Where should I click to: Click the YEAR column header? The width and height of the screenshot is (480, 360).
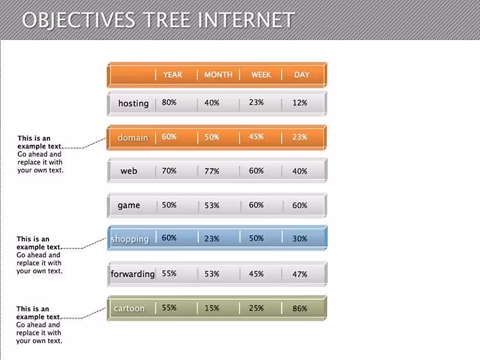pyautogui.click(x=172, y=75)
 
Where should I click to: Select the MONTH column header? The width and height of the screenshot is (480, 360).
pyautogui.click(x=219, y=75)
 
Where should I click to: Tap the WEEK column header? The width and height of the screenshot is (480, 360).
pyautogui.click(x=261, y=75)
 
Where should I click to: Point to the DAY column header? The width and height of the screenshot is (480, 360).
pyautogui.click(x=301, y=75)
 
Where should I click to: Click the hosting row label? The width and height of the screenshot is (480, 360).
pyautogui.click(x=133, y=104)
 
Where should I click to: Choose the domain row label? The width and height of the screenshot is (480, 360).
pyautogui.click(x=133, y=138)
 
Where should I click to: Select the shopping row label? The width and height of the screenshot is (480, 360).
pyautogui.click(x=130, y=239)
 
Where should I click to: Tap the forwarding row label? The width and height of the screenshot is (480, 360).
pyautogui.click(x=133, y=273)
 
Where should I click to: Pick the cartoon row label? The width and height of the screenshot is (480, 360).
pyautogui.click(x=129, y=308)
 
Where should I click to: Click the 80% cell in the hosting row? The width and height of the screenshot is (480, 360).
pyautogui.click(x=169, y=102)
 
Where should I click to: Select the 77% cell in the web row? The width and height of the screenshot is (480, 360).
pyautogui.click(x=212, y=171)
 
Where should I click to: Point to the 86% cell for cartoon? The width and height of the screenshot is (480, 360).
pyautogui.click(x=300, y=308)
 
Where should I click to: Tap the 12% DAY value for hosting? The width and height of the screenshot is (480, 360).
pyautogui.click(x=300, y=102)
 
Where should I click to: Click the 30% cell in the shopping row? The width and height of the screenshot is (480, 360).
pyautogui.click(x=300, y=239)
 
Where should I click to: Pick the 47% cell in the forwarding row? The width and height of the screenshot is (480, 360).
pyautogui.click(x=300, y=274)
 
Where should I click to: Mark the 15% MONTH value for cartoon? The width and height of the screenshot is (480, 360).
pyautogui.click(x=212, y=308)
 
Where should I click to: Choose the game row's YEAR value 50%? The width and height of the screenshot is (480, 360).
pyautogui.click(x=169, y=205)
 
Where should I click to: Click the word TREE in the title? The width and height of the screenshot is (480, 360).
pyautogui.click(x=167, y=20)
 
